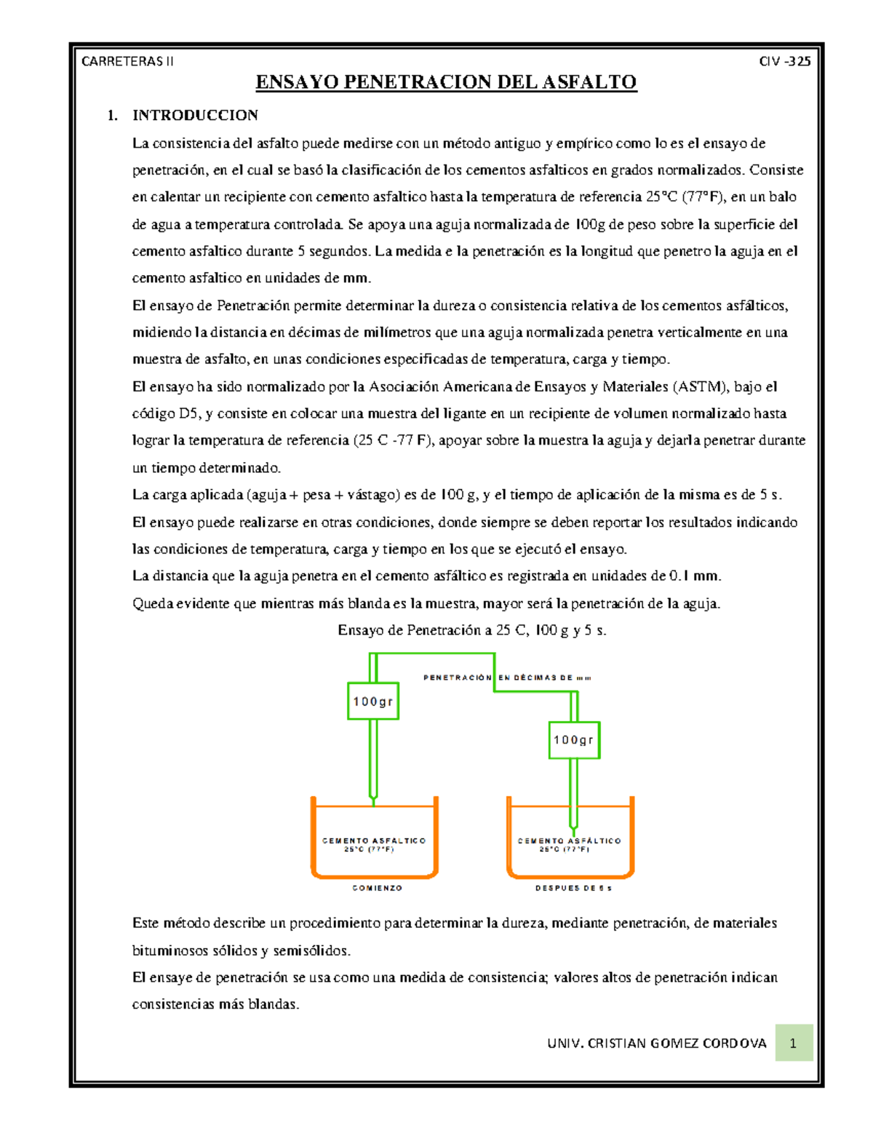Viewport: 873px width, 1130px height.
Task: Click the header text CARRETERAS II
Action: coord(127,62)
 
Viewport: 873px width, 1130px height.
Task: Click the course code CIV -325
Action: coord(784,62)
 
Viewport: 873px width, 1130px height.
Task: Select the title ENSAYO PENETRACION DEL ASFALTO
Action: coord(446,82)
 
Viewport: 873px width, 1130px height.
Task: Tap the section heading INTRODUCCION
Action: coord(195,115)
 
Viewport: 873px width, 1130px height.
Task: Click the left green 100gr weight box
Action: coord(373,701)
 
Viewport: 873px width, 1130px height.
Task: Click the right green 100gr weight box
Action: coord(574,740)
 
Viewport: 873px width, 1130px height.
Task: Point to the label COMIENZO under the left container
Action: coord(377,888)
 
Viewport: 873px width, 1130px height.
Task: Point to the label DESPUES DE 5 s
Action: coord(573,888)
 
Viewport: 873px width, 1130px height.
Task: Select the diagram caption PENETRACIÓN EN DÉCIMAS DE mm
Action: coord(507,677)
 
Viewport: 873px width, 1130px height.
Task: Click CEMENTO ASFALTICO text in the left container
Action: coord(374,841)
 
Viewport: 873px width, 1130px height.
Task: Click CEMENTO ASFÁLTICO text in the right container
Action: coord(570,841)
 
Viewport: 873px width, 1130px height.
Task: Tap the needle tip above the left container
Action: coord(373,800)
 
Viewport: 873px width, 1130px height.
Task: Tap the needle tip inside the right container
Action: coord(573,831)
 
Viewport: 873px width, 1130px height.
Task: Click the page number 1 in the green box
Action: coord(793,1043)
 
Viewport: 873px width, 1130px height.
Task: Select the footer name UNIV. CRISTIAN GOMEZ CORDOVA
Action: coord(657,1043)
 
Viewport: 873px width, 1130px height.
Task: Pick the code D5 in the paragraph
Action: coord(188,413)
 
